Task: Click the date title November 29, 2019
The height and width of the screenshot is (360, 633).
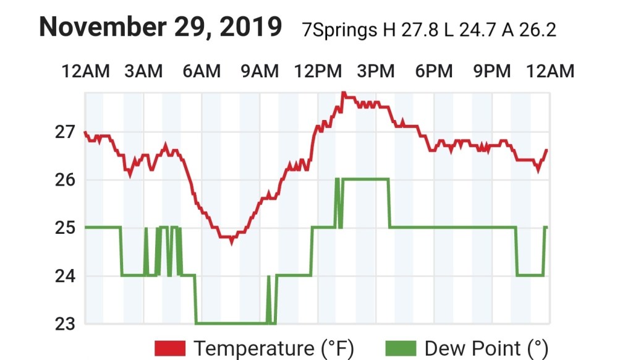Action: (x=161, y=27)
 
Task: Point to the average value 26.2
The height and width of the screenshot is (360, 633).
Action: (x=537, y=30)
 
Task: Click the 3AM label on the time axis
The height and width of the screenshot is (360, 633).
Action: (x=143, y=72)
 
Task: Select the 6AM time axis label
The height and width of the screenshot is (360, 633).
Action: (x=202, y=72)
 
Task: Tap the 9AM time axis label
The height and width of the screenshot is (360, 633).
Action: (x=260, y=72)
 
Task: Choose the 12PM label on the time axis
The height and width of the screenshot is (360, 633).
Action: (x=318, y=72)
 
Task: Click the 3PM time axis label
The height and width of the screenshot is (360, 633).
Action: (x=376, y=72)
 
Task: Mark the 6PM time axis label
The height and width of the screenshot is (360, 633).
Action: (x=434, y=72)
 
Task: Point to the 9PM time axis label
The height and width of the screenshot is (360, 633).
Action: (x=492, y=72)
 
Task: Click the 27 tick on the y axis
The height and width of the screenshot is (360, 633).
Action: (x=64, y=132)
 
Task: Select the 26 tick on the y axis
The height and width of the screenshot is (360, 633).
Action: (x=64, y=180)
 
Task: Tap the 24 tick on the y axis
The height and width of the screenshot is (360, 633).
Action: (x=64, y=275)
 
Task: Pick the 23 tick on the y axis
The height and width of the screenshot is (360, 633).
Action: (x=64, y=323)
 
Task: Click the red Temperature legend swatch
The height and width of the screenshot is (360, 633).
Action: (x=171, y=348)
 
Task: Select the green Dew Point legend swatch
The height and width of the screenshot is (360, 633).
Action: (x=401, y=348)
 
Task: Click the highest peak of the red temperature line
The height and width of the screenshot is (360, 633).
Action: (x=343, y=93)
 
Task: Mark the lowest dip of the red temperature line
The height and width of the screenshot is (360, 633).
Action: (x=231, y=242)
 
